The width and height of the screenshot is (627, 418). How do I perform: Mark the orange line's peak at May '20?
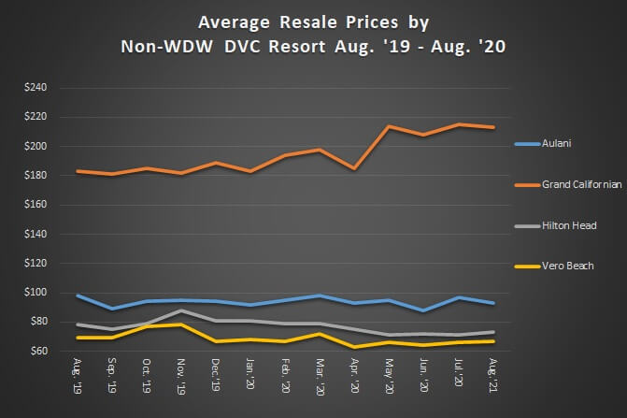point(389,126)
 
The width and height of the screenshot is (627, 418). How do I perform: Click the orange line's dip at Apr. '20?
point(354,168)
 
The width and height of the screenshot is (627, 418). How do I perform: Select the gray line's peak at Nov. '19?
point(181,310)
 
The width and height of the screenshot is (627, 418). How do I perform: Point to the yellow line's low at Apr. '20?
point(354,347)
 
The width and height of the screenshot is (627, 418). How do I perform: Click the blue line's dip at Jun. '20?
point(423,310)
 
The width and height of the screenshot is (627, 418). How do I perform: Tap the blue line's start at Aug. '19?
point(78,295)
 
